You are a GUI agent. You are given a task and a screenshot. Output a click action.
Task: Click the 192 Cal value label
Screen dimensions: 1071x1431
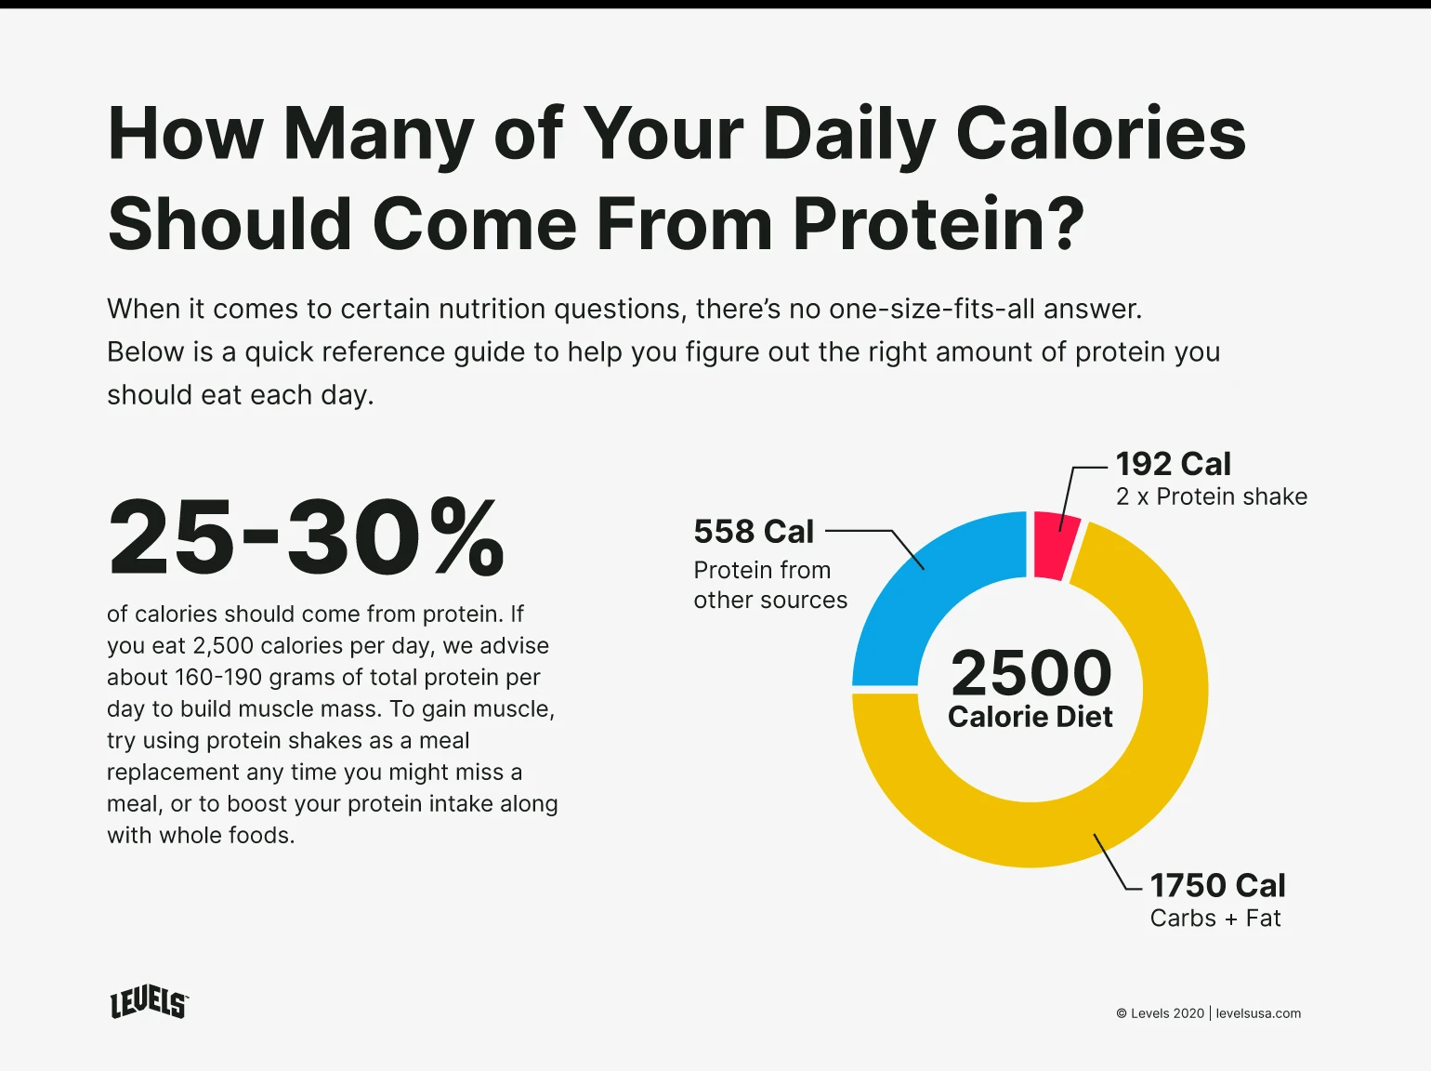(x=1173, y=464)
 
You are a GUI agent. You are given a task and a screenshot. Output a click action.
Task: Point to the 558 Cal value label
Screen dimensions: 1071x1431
(x=754, y=532)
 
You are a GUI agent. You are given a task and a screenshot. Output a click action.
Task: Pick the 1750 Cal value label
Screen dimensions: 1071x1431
(x=1217, y=885)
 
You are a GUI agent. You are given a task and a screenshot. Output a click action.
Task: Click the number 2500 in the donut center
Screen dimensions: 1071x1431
(x=1031, y=673)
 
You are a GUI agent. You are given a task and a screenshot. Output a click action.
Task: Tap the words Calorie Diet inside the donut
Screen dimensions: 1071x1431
(x=1030, y=717)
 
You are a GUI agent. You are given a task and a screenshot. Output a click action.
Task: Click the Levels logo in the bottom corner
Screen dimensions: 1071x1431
(x=149, y=1003)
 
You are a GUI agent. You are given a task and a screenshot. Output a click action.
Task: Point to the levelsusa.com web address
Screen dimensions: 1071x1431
(x=1258, y=1013)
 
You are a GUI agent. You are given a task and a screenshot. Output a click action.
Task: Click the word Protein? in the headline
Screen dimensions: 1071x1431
(x=939, y=224)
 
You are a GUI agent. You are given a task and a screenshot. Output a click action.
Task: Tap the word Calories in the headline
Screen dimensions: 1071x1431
(x=1100, y=133)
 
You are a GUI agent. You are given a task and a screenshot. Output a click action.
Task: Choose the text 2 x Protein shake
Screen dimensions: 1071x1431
(x=1211, y=496)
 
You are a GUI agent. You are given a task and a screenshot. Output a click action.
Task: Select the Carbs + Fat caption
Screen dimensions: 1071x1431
(x=1215, y=919)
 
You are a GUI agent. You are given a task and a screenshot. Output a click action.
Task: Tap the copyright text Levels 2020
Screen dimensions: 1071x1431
(x=1161, y=1013)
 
